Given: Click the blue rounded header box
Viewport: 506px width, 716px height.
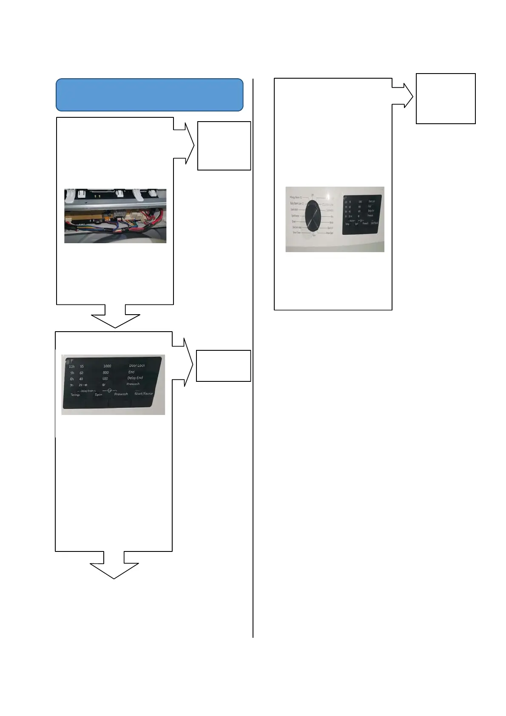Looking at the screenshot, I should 149,94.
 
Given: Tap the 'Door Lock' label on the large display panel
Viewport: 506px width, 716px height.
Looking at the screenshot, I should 137,366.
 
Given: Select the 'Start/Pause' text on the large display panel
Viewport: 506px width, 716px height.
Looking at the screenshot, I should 143,394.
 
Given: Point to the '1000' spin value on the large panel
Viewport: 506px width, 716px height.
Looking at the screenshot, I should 107,366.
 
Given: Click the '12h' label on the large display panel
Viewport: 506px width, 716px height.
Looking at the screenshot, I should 71,367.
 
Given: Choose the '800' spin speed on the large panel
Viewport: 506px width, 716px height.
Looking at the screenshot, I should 105,372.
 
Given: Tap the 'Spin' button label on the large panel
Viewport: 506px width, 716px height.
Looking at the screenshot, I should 98,395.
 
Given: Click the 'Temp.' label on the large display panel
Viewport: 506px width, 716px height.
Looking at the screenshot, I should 75,395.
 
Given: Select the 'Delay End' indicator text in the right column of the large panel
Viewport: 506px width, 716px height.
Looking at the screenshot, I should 135,378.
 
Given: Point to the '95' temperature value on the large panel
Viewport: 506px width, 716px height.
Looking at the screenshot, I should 82,367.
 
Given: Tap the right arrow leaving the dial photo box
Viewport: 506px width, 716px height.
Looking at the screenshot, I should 404,95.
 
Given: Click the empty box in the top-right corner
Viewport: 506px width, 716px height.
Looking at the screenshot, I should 445,99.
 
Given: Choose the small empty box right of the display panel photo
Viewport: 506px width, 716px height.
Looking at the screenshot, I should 223,366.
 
